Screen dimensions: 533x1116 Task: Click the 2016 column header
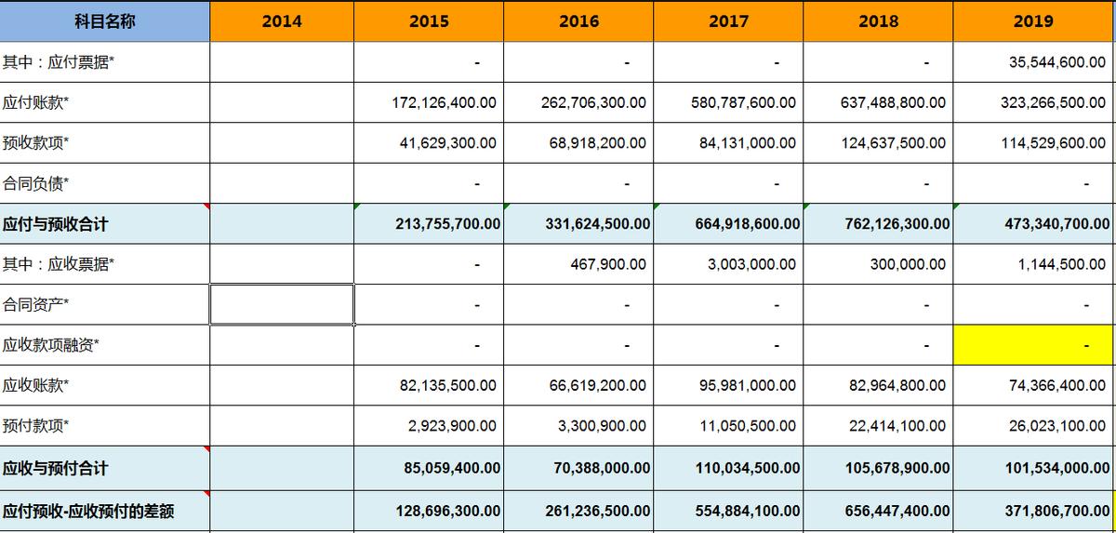[x=578, y=20]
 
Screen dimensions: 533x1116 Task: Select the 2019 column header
[x=1033, y=20]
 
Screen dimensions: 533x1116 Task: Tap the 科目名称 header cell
[x=104, y=20]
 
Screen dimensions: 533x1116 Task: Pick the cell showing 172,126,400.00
[x=444, y=102]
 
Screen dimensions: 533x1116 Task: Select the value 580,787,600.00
[x=743, y=102]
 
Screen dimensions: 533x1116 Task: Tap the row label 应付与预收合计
[x=55, y=224]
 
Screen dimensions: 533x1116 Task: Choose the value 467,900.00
[x=608, y=264]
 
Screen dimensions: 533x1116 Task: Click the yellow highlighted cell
[x=1033, y=345]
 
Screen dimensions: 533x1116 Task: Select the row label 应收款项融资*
[x=50, y=345]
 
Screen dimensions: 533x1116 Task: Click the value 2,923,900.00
[x=452, y=426]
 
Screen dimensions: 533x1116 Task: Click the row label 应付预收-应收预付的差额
[x=88, y=512]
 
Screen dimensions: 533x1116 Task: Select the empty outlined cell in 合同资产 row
[x=282, y=304]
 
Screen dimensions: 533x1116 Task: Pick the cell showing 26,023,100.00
[x=1056, y=426]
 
